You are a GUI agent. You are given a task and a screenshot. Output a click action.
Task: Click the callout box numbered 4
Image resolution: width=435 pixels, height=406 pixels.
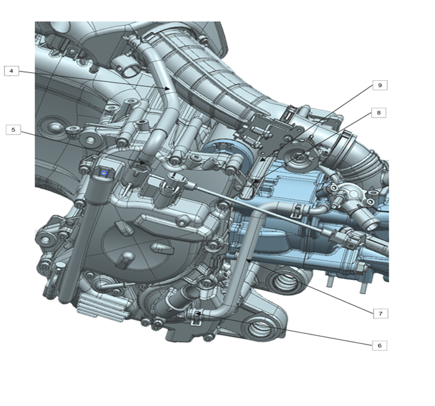11,71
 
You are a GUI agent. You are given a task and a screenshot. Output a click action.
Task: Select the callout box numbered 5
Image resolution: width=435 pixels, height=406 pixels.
13,130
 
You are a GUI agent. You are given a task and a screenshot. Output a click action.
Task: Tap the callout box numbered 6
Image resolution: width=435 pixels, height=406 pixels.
379,346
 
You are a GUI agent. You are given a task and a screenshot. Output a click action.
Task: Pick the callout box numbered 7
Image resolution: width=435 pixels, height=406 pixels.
380,313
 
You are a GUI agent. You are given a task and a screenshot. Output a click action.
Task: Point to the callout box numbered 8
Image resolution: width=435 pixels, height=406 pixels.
379,113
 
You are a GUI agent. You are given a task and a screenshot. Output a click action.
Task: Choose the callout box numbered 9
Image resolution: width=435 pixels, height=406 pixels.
380,85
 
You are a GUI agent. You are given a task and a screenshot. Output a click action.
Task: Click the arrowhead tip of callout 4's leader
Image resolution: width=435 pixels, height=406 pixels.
169,89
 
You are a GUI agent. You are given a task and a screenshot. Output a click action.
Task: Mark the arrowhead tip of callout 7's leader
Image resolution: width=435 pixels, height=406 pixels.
246,261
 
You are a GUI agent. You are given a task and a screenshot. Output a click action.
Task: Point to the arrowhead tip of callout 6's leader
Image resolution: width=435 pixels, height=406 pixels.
196,313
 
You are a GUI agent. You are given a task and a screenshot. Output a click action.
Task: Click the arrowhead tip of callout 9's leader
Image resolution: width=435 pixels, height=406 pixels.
260,161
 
